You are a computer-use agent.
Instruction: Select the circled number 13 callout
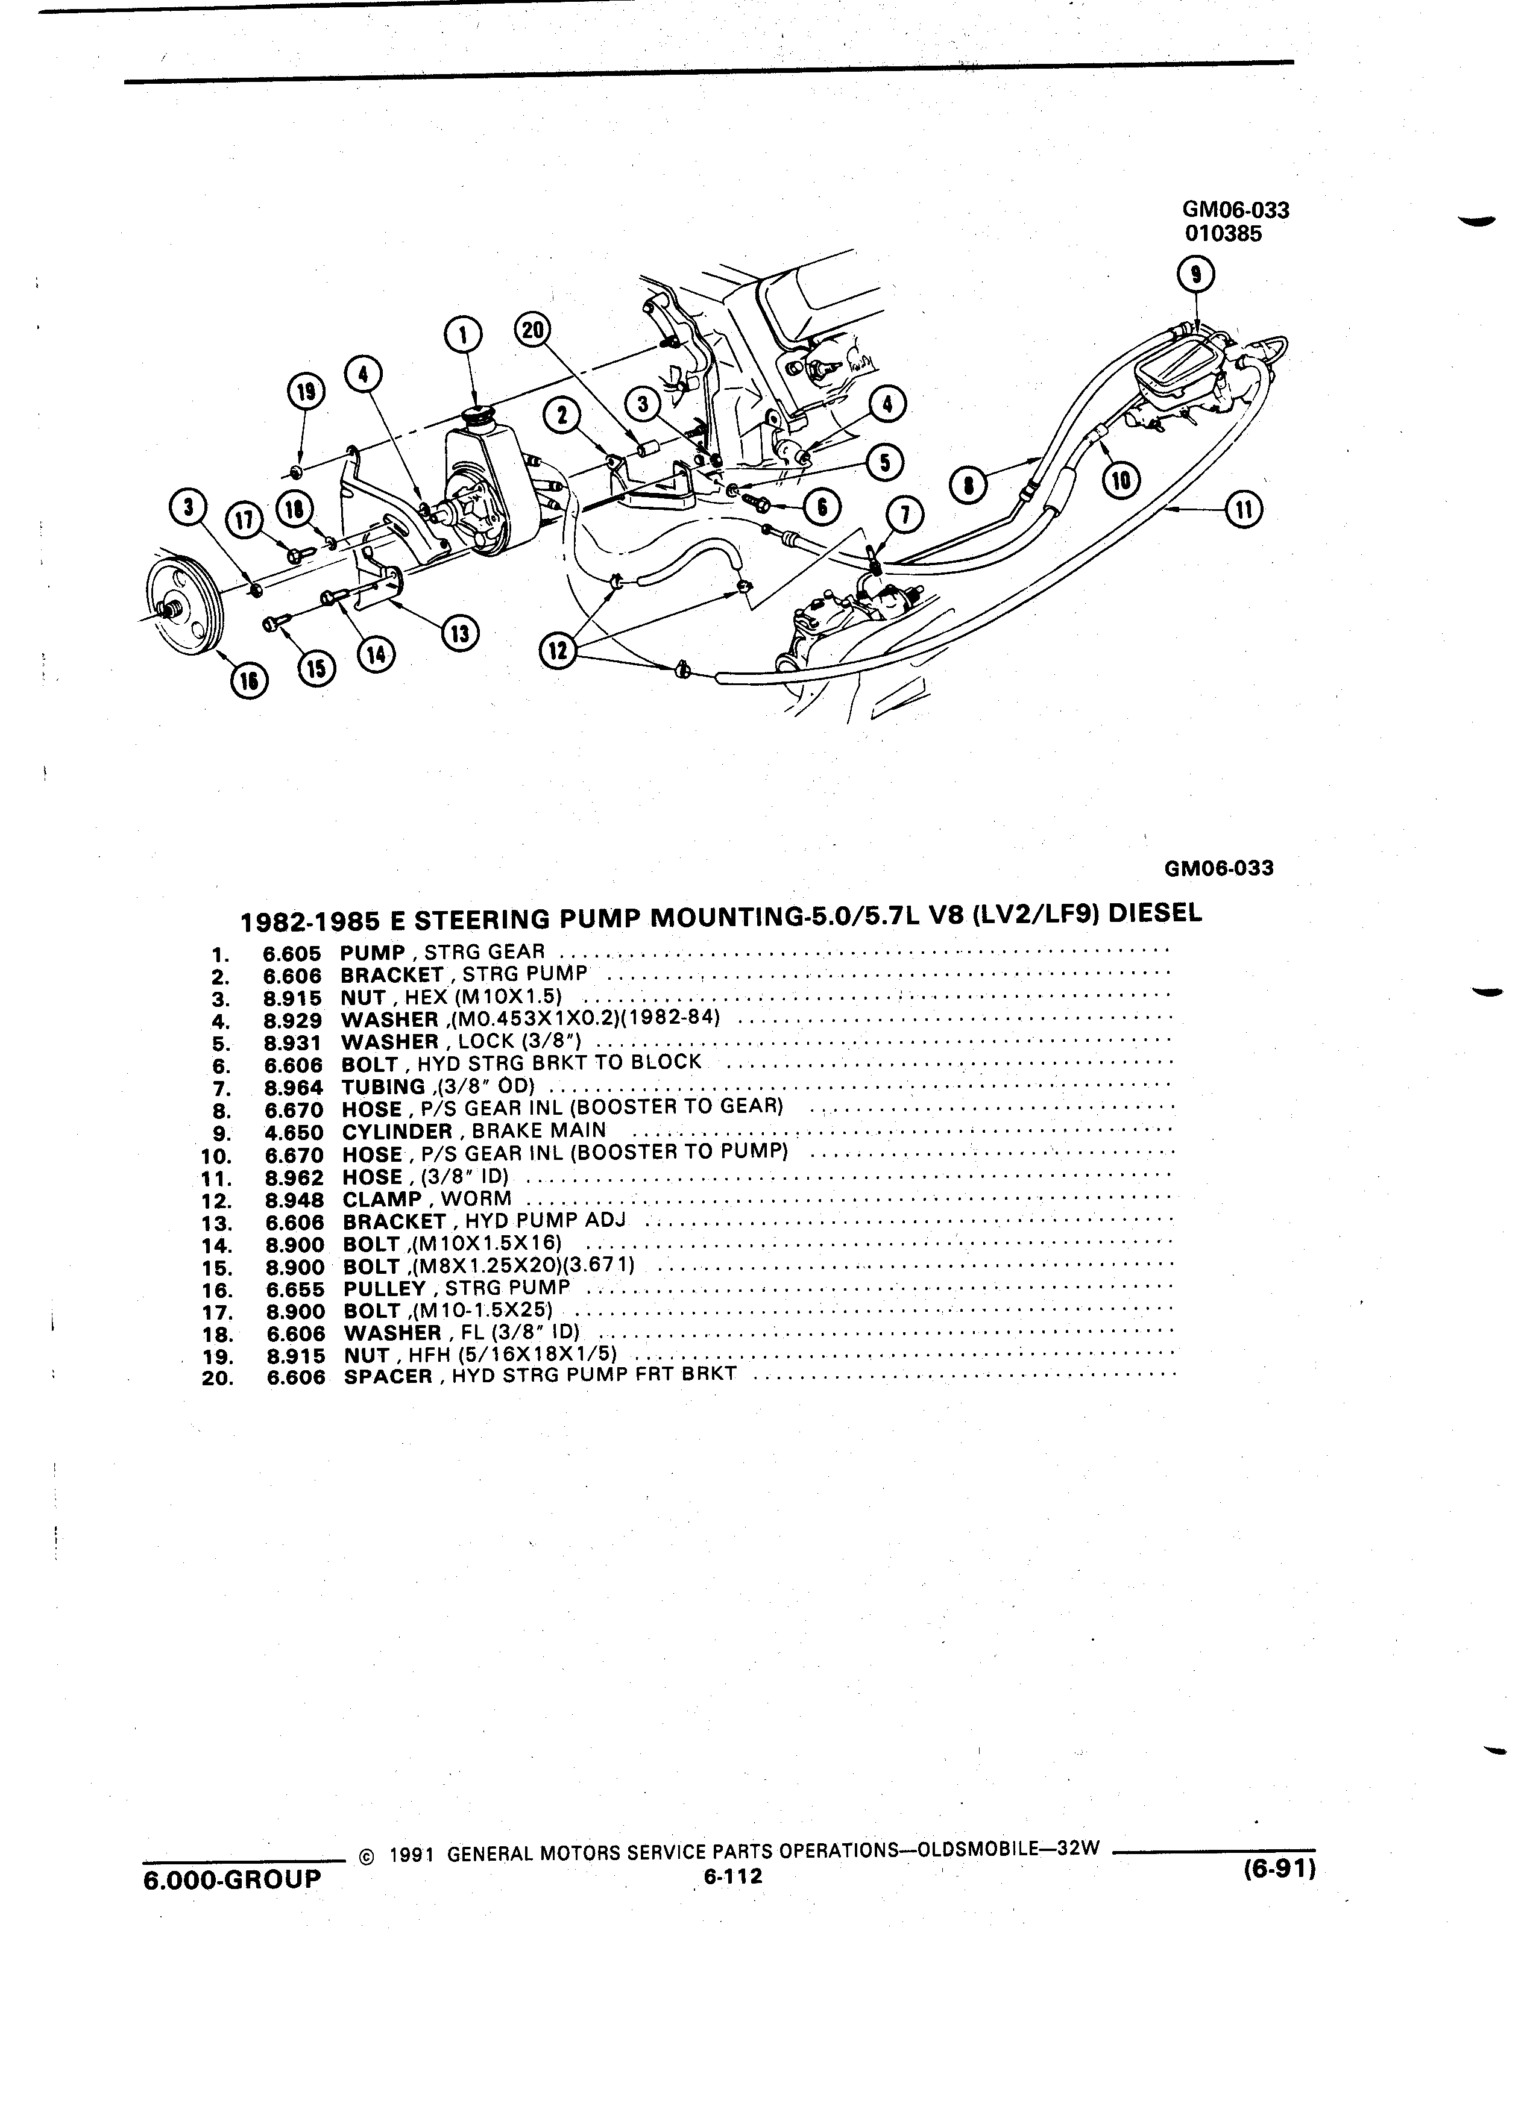coord(461,633)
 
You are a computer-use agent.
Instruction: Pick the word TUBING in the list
coord(383,1086)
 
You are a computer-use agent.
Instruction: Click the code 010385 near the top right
coord(1223,234)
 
